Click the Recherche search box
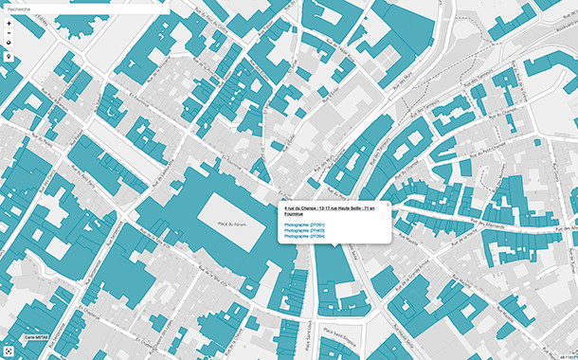tap(85, 9)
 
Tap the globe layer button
tap(9, 44)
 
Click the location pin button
tap(9, 56)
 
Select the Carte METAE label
tap(36, 337)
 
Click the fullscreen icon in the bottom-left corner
tap(9, 351)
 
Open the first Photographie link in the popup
tap(304, 225)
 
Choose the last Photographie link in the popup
tap(304, 236)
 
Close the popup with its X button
tap(386, 205)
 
